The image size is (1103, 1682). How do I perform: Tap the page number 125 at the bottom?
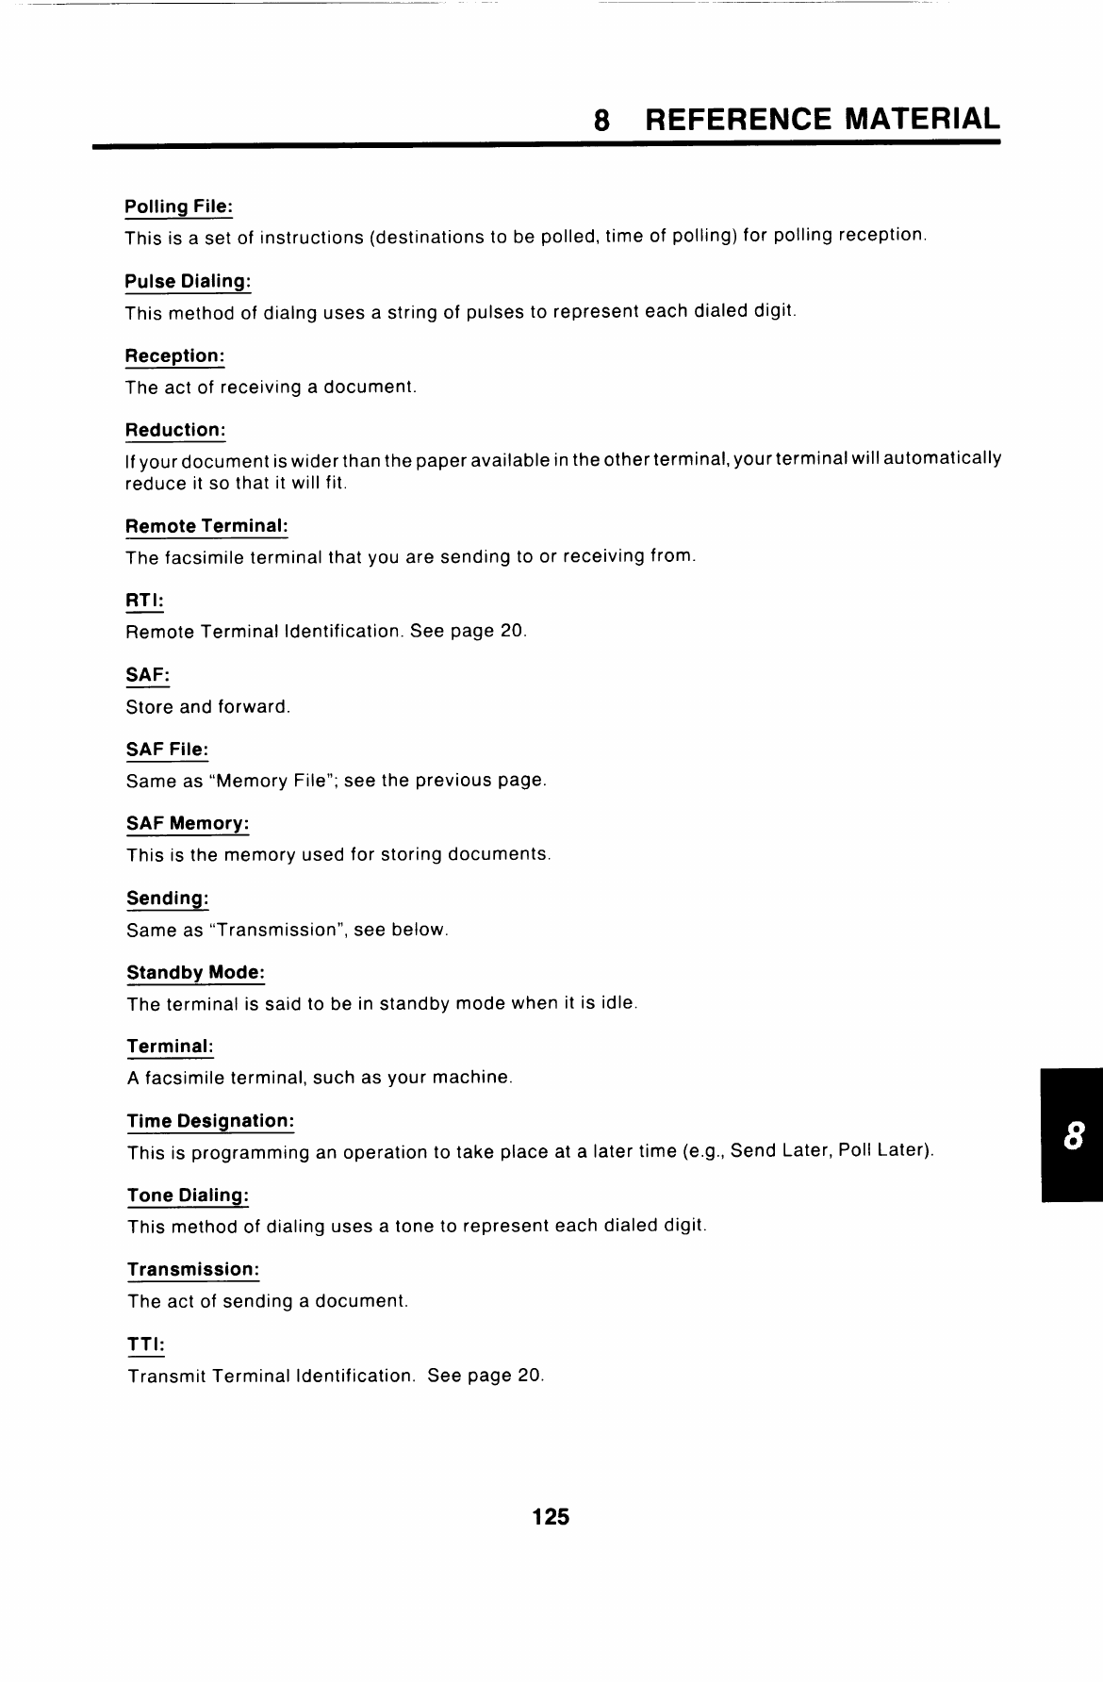[x=551, y=1516]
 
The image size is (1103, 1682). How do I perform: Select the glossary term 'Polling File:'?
[x=178, y=206]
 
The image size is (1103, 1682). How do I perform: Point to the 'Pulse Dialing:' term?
[x=189, y=281]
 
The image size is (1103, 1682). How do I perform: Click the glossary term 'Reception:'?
[x=175, y=355]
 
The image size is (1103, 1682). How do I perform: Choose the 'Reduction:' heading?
[x=175, y=430]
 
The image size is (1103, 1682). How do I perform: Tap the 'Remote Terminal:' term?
[x=206, y=525]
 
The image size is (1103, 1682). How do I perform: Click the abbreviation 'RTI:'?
[x=145, y=600]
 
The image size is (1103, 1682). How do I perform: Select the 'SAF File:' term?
[x=167, y=750]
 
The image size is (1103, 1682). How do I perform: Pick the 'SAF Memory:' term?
[x=188, y=823]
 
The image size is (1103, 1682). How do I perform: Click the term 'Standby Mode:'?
[x=195, y=972]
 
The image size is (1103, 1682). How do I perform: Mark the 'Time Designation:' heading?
[x=210, y=1121]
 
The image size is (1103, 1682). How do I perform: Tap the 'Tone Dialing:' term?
[x=188, y=1196]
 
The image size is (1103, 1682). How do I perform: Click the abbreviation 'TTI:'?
[x=146, y=1344]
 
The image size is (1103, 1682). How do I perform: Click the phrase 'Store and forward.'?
[x=207, y=706]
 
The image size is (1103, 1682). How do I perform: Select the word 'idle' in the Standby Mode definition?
[x=617, y=1003]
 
